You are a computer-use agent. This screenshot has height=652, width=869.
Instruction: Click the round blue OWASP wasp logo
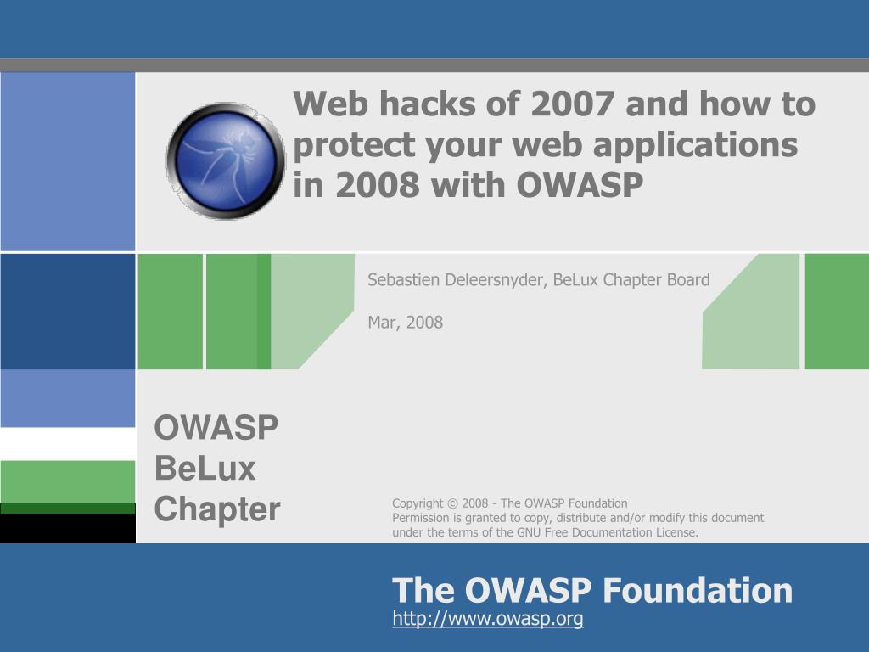coord(226,160)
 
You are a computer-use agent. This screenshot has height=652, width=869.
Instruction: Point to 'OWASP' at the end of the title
coord(580,185)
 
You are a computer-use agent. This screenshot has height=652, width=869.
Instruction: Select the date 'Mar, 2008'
coord(405,322)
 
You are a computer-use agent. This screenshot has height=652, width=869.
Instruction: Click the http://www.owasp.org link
coord(488,618)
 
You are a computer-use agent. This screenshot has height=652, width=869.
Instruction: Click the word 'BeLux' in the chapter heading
coord(205,469)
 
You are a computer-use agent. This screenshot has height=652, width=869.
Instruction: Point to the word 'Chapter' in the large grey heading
coord(217,509)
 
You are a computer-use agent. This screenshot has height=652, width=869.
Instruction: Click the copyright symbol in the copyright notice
coord(452,503)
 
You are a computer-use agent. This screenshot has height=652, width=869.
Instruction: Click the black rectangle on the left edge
coord(68,529)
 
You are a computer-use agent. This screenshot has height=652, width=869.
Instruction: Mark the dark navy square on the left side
coord(68,312)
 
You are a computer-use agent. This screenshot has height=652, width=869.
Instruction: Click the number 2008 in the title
coord(378,185)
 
